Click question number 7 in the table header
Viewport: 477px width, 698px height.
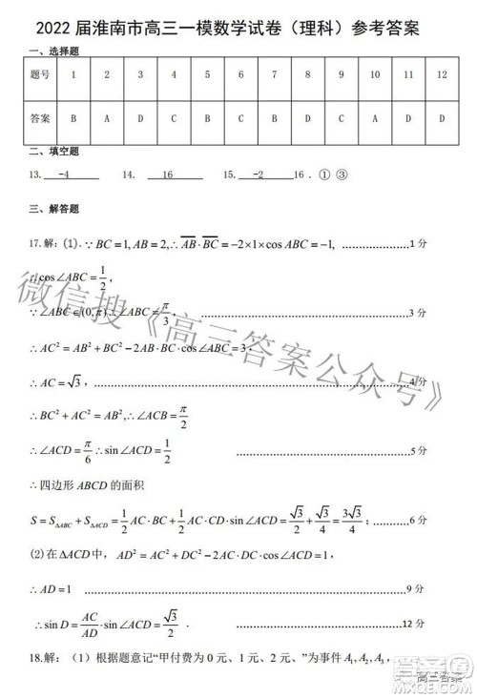(274, 73)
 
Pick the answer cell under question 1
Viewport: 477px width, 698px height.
(73, 118)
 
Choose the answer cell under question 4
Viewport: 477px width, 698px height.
(174, 118)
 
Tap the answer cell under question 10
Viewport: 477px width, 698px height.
(374, 118)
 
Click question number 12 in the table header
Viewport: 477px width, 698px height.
(441, 73)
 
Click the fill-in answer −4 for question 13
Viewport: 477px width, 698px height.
(64, 175)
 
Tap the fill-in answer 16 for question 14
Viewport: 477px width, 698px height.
(168, 175)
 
